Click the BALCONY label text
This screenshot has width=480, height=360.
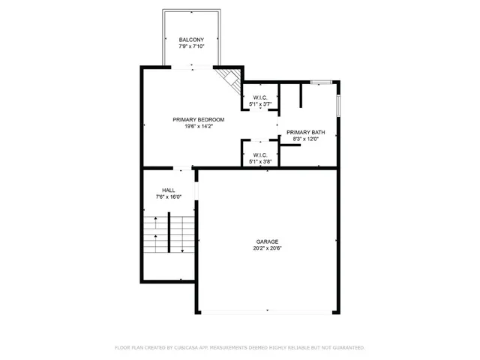click(x=191, y=40)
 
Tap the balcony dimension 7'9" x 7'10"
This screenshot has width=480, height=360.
click(x=191, y=46)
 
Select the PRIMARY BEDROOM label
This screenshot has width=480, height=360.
click(x=198, y=119)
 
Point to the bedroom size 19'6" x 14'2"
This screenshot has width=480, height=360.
click(x=198, y=126)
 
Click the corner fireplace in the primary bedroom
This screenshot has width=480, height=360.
click(x=227, y=78)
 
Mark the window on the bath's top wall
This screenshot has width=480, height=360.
click(x=322, y=80)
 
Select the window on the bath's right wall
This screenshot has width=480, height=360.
click(x=339, y=105)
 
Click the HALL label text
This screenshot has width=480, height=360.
click(x=169, y=190)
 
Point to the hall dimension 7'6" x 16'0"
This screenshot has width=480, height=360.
click(x=169, y=196)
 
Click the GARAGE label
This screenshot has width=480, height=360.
click(x=268, y=241)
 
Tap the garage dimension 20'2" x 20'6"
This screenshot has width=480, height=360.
click(x=268, y=248)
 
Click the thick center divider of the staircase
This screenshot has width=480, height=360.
click(x=169, y=233)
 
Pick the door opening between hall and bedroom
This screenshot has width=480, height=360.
click(x=184, y=168)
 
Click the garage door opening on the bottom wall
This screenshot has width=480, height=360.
click(x=268, y=310)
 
